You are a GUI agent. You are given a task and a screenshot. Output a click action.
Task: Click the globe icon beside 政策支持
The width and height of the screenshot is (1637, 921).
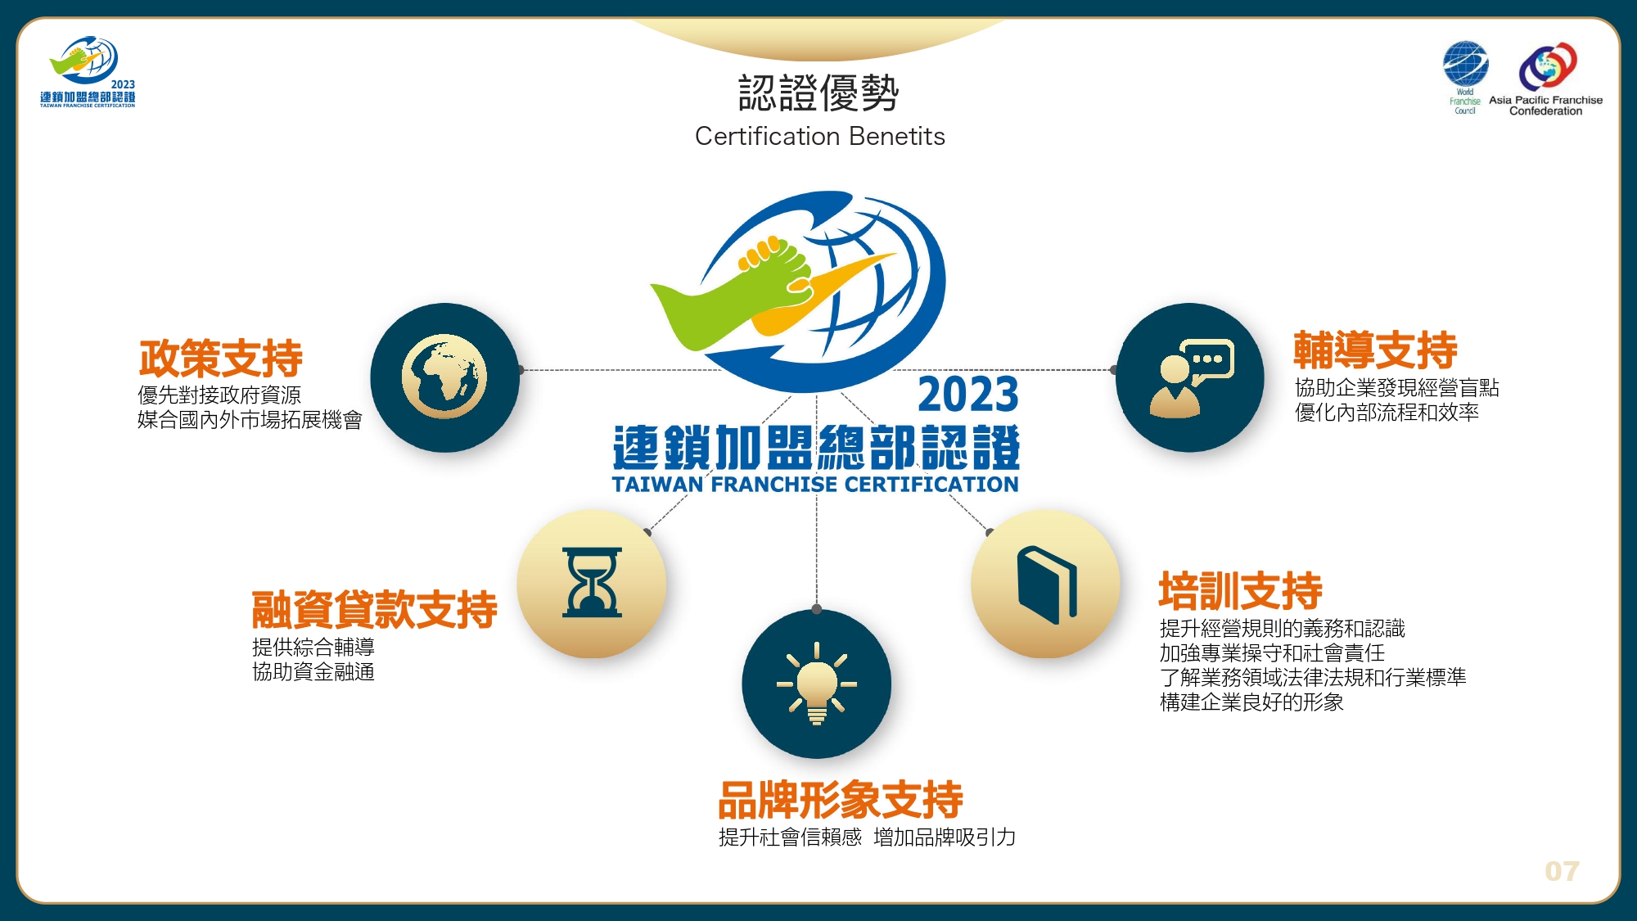pos(444,377)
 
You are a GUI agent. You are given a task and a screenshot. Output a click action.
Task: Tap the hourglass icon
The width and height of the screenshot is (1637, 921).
pos(592,582)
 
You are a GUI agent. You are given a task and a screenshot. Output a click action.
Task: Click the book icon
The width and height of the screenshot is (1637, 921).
pos(1047,585)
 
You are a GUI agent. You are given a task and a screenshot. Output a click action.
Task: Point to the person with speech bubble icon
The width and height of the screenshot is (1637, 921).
pos(1191,378)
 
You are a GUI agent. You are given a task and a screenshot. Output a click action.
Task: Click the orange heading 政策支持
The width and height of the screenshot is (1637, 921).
pos(221,358)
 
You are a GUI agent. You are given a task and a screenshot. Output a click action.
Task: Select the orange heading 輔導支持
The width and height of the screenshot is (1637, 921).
pos(1375,350)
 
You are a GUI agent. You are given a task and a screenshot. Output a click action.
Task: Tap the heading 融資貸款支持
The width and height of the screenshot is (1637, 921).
pos(374,609)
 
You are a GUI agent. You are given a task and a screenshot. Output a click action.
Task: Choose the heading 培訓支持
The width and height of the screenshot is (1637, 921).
pos(1240,590)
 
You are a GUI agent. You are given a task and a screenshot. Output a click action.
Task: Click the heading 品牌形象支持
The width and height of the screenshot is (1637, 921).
pos(841,799)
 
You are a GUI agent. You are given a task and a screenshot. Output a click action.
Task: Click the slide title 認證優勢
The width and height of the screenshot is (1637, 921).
pos(818,93)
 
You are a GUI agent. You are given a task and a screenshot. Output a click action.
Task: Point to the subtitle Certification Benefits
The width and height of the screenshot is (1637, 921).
pos(819,136)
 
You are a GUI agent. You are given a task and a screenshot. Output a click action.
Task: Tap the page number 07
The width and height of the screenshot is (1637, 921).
pos(1562,871)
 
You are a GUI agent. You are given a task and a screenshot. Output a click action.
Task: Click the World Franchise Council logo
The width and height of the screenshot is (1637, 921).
pos(1465,77)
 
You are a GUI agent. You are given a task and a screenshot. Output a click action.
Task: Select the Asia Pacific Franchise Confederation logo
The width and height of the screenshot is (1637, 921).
pos(1546,79)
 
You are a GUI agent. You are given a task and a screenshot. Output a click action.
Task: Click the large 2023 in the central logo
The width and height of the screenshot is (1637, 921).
pos(968,395)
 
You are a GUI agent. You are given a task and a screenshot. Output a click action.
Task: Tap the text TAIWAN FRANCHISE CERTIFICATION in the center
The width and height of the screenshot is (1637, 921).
pos(815,485)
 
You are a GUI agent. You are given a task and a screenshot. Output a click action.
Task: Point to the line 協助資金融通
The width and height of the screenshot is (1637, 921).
pos(313,672)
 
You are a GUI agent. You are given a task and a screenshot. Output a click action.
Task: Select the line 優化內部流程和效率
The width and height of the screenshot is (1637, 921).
pos(1387,413)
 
